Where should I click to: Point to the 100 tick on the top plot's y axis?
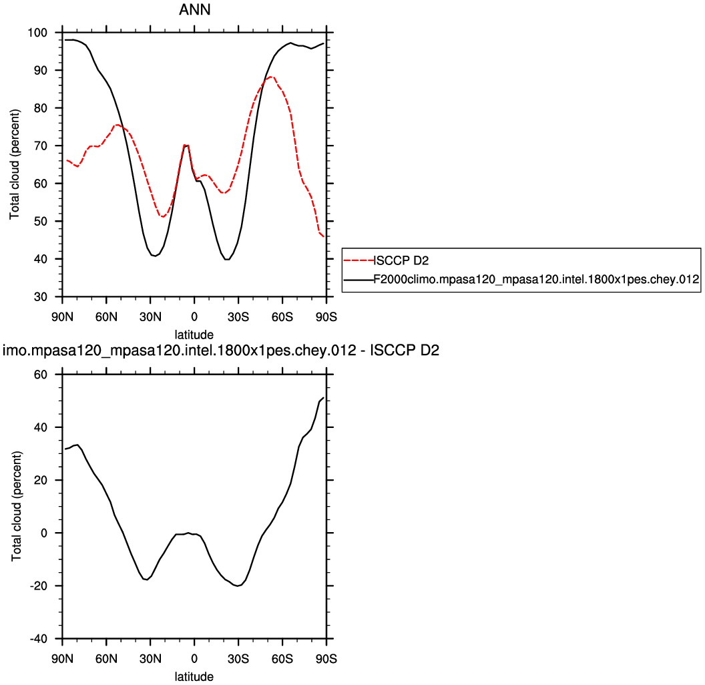click(x=46, y=33)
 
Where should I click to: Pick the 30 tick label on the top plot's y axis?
click(x=49, y=296)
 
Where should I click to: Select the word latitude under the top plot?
click(x=194, y=333)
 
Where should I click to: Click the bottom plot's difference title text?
click(x=221, y=350)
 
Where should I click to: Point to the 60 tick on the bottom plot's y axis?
click(x=49, y=375)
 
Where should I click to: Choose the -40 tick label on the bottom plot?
click(x=45, y=639)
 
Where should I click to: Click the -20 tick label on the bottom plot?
click(x=45, y=586)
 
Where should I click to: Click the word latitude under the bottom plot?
click(x=194, y=676)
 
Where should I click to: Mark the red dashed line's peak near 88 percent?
click(x=270, y=77)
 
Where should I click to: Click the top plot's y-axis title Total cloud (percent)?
click(x=14, y=164)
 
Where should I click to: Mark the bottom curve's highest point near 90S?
click(x=323, y=398)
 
